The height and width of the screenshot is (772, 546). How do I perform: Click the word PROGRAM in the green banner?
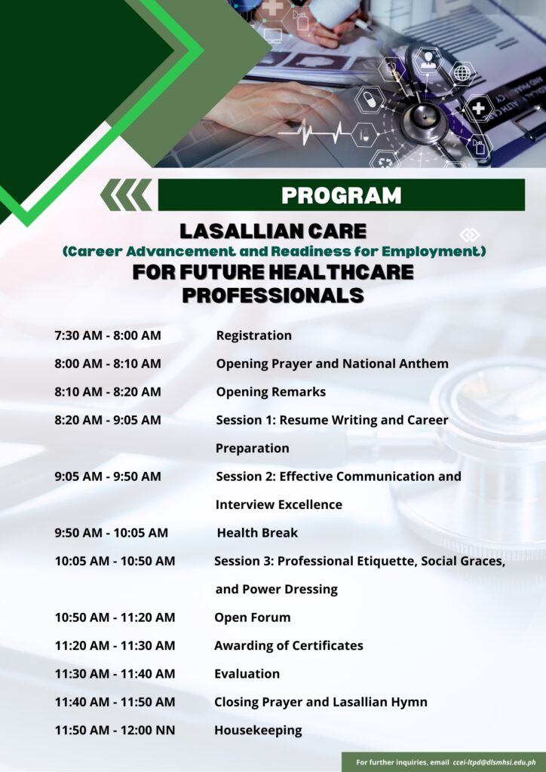click(x=341, y=195)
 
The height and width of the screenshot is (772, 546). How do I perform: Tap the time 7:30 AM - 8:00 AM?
click(x=107, y=335)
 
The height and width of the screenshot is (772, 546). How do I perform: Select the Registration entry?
click(x=253, y=335)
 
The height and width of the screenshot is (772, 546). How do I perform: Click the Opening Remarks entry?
click(x=271, y=392)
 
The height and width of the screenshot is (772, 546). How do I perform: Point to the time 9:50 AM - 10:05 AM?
click(x=111, y=533)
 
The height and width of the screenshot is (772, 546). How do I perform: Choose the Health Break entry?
click(x=257, y=533)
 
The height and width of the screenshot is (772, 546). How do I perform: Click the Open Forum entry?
click(x=252, y=617)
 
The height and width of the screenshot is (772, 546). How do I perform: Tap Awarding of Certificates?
click(x=288, y=645)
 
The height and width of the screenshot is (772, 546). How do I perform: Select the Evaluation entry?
click(x=247, y=674)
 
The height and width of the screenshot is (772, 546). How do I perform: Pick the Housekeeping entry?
click(x=258, y=730)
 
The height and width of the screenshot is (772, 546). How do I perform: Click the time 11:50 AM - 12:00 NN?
click(x=115, y=730)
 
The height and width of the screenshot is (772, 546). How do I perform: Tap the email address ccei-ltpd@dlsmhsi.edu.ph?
click(x=495, y=762)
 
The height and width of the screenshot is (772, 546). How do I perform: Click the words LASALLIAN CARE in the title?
click(x=272, y=231)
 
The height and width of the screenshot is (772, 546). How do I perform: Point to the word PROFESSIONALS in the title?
click(x=272, y=296)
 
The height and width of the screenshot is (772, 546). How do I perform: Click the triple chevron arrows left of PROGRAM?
click(x=126, y=195)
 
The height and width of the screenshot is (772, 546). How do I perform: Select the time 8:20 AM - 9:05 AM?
click(x=107, y=420)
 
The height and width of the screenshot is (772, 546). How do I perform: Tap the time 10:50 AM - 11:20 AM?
click(x=115, y=617)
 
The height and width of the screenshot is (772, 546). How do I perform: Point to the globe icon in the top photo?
click(x=461, y=73)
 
